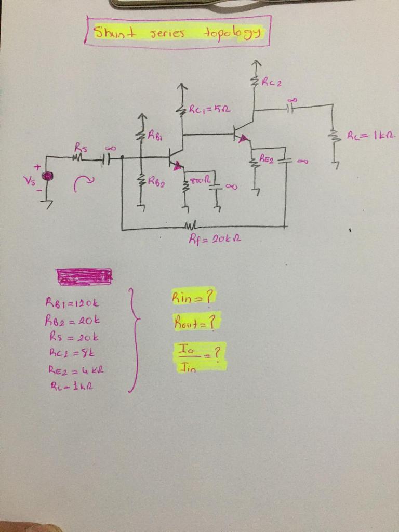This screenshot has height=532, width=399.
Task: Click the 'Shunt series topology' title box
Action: pyautogui.click(x=178, y=32)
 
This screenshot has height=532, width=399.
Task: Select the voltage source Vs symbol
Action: pyautogui.click(x=48, y=176)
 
